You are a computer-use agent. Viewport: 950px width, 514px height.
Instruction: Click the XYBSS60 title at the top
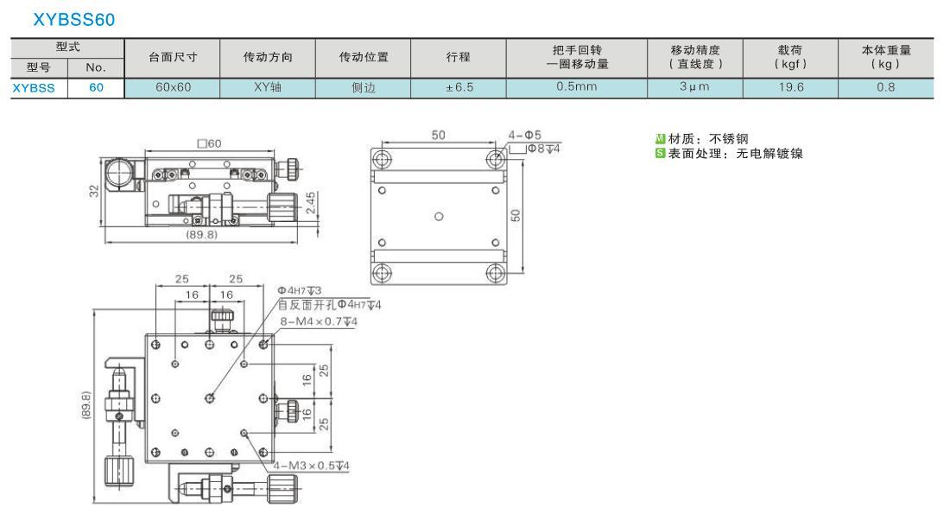[x=74, y=19]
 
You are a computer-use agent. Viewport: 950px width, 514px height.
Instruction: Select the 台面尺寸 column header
[x=173, y=58]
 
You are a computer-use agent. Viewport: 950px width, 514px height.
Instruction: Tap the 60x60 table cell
[x=173, y=87]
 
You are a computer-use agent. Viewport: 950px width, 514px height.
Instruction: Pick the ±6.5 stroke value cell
[x=459, y=87]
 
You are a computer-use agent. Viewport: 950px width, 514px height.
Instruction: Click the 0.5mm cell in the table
[x=577, y=86]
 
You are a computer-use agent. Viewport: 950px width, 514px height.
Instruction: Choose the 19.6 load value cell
[x=790, y=87]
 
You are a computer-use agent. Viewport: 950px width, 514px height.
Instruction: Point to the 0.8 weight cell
[x=886, y=87]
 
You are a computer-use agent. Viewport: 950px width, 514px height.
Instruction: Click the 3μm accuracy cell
[x=694, y=86]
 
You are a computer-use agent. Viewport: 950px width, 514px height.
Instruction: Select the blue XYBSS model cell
[x=34, y=88]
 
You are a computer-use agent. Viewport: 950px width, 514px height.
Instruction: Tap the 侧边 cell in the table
[x=364, y=87]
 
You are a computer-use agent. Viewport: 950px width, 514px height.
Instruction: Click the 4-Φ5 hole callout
[x=525, y=135]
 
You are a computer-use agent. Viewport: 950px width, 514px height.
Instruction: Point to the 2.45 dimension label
[x=310, y=203]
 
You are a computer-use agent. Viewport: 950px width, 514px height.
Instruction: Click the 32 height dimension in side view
[x=94, y=191]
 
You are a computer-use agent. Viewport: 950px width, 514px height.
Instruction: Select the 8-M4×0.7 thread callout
[x=319, y=321]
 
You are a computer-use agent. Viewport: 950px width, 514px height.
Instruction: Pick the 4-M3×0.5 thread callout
[x=312, y=466]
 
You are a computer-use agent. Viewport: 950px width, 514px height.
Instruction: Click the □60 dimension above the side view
[x=210, y=143]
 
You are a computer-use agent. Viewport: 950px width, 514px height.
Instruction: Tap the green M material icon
[x=661, y=139]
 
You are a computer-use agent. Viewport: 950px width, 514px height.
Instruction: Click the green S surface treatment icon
[x=661, y=154]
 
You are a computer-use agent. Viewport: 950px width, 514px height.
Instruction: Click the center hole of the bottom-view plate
[x=439, y=216]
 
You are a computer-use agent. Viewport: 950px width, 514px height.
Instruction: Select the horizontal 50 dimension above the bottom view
[x=438, y=135]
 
